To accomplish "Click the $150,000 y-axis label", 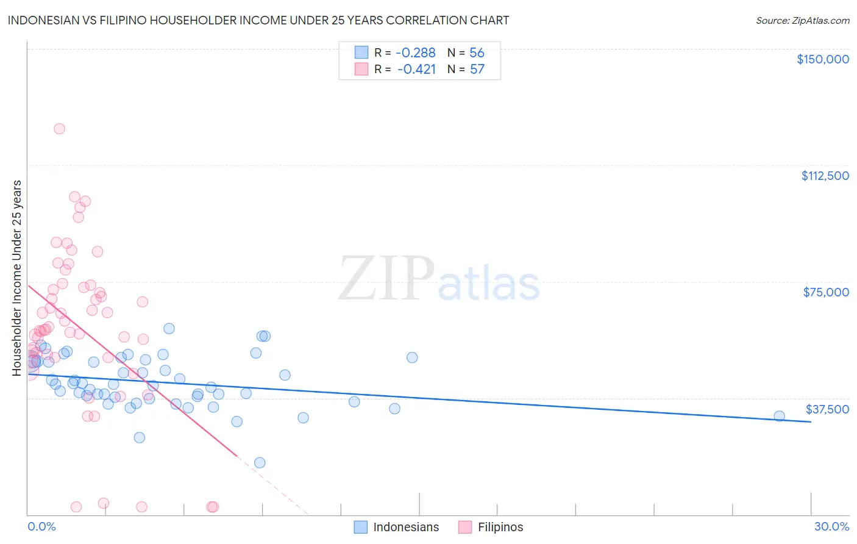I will [822, 59].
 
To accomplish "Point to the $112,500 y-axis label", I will [825, 176].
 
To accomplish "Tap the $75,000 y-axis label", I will [825, 292].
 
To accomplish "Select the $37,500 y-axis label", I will [827, 409].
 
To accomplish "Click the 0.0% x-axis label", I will [41, 527].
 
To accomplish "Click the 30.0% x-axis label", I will [831, 527].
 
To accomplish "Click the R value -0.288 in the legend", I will [416, 53].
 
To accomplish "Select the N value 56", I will [477, 53].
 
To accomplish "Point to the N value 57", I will [477, 70].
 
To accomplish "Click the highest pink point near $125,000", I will [59, 129].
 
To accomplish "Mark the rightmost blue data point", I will [779, 416].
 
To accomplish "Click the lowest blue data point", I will [260, 463].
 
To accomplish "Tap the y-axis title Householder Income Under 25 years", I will [17, 277].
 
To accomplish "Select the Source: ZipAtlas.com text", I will [802, 21].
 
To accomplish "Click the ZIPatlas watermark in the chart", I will [439, 279].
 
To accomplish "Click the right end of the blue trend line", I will [811, 421].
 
